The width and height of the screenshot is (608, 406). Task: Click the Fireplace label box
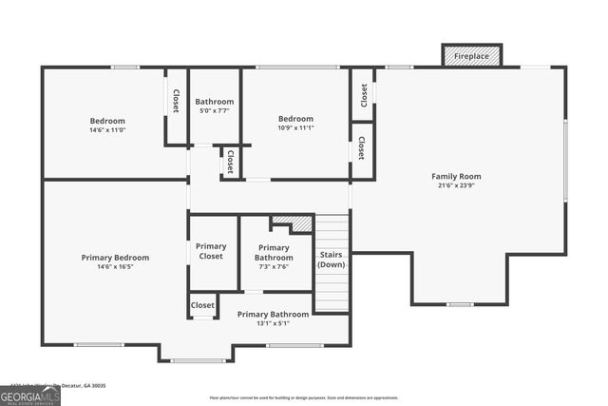tap(472, 56)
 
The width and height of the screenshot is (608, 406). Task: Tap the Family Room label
tap(456, 176)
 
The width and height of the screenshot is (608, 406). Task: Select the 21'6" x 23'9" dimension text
tap(456, 186)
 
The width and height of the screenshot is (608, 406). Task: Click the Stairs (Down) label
tap(332, 260)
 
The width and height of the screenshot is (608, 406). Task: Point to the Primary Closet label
tap(211, 252)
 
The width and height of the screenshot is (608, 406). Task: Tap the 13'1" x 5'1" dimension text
tap(273, 324)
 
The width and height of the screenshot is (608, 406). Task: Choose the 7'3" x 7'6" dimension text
tap(274, 267)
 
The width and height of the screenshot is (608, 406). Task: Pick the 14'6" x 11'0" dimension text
tap(107, 130)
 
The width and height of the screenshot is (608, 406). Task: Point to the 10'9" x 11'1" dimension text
tap(295, 128)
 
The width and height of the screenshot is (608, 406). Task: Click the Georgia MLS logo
tap(30, 395)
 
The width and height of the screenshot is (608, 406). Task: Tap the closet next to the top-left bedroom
tap(176, 101)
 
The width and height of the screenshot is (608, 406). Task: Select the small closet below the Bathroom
tap(230, 162)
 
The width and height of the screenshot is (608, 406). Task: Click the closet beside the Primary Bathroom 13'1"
tap(202, 305)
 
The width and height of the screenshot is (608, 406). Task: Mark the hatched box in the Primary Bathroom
tap(301, 223)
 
